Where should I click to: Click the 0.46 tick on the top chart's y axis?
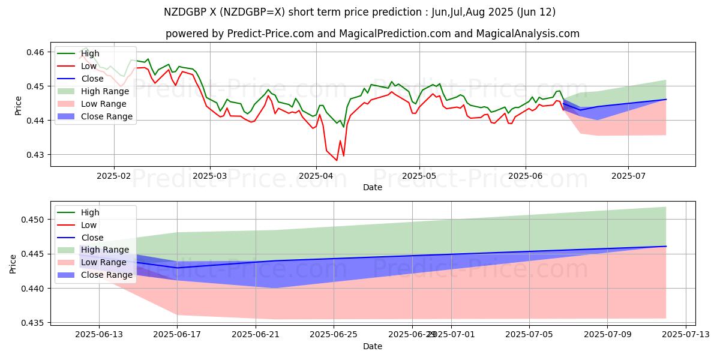(36, 52)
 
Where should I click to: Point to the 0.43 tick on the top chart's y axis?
(36, 155)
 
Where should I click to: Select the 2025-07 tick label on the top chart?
(628, 176)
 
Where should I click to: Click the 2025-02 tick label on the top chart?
(114, 176)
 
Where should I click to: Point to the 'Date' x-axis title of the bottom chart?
(372, 346)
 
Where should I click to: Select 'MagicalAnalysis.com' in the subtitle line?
(528, 34)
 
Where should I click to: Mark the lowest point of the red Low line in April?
(337, 160)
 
